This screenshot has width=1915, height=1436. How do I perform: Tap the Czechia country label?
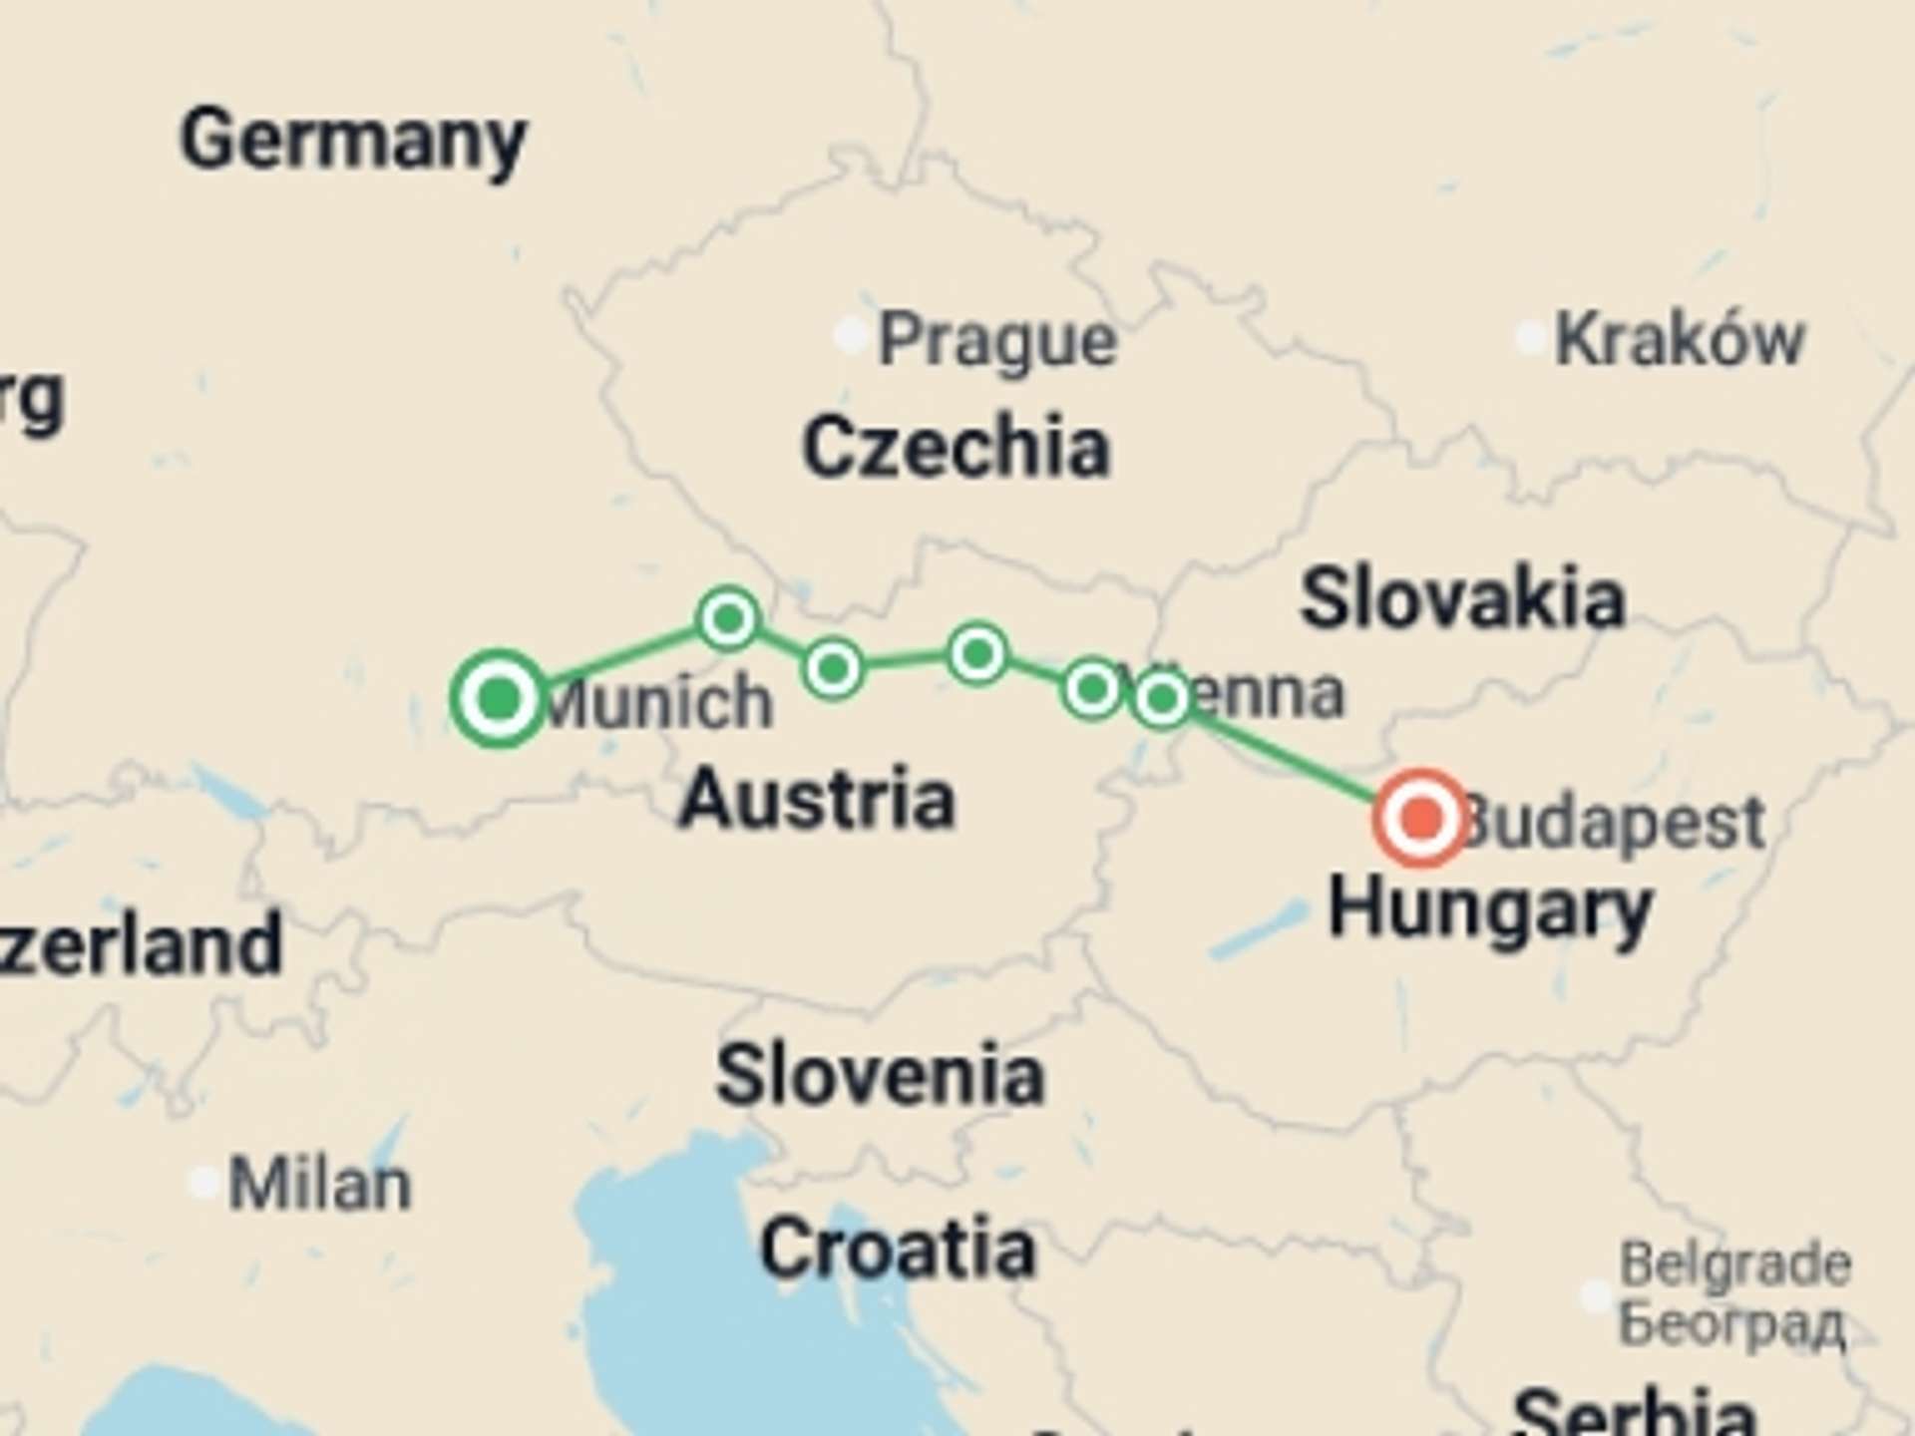tap(956, 448)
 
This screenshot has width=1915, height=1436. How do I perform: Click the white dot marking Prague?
tap(850, 336)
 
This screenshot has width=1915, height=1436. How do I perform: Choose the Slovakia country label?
tap(1462, 599)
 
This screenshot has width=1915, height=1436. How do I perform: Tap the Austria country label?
tap(817, 800)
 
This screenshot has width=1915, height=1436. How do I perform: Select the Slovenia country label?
tap(880, 1076)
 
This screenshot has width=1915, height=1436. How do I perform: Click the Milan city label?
tap(319, 1185)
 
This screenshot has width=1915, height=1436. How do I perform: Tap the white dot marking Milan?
tap(204, 1183)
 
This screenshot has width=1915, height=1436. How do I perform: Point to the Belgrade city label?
tap(1734, 1265)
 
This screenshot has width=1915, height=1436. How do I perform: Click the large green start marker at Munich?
tap(499, 698)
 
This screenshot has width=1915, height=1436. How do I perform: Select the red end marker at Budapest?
tap(1421, 818)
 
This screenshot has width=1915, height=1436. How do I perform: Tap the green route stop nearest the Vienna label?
tap(1161, 698)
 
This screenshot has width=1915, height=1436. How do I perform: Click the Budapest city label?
tap(1616, 824)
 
